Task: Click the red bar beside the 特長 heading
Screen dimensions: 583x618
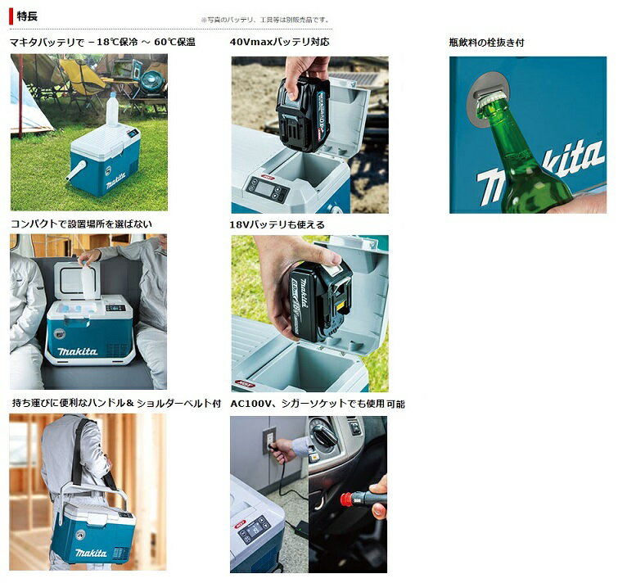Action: [x=11, y=16]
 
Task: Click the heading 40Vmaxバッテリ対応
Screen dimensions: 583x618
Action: [x=279, y=42]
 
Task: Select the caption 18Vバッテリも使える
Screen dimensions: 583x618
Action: [x=277, y=224]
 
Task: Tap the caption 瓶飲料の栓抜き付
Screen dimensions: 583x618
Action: [x=486, y=42]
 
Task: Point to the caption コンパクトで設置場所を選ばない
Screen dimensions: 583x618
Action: [x=81, y=224]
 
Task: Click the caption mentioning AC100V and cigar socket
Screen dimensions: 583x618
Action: [x=318, y=404]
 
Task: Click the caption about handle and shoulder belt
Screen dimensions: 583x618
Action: [x=115, y=404]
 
